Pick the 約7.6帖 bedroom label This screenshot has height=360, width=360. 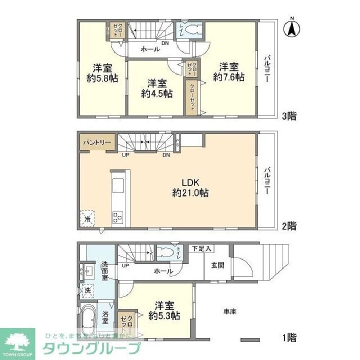(x=229, y=72)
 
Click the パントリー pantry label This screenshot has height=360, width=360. (x=97, y=143)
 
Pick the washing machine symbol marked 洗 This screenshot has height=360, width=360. (x=87, y=290)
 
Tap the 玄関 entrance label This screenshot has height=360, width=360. (x=218, y=266)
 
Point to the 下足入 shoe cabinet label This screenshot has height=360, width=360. (x=203, y=248)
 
